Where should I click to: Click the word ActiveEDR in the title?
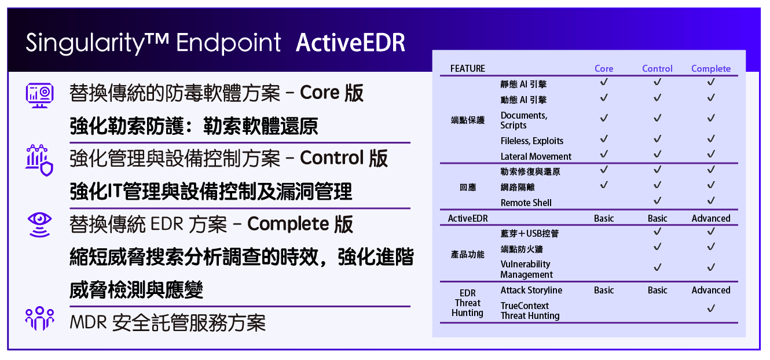coord(350,43)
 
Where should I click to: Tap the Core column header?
coord(604,69)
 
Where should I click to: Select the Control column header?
coord(657,69)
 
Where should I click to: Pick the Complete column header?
coord(711,69)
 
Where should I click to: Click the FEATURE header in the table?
coord(468,69)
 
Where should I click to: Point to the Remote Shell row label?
coord(526,203)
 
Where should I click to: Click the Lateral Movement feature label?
coord(536,156)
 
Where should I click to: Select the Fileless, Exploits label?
coord(532,141)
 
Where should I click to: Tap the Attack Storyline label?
coord(531,291)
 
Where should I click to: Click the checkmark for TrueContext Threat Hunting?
coord(711,308)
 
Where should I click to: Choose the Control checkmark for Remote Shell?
coord(657,200)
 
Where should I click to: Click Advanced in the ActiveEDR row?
coord(711,218)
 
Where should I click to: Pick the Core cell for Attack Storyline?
coord(604,291)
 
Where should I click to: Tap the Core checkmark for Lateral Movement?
coord(604,154)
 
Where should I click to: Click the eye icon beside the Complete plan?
coord(40,225)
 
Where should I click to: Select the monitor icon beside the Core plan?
coord(39,95)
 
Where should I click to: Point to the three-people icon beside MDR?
coord(39,318)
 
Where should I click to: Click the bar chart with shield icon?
coord(39,160)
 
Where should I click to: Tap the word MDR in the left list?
coord(88,322)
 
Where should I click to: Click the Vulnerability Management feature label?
coord(526,269)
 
